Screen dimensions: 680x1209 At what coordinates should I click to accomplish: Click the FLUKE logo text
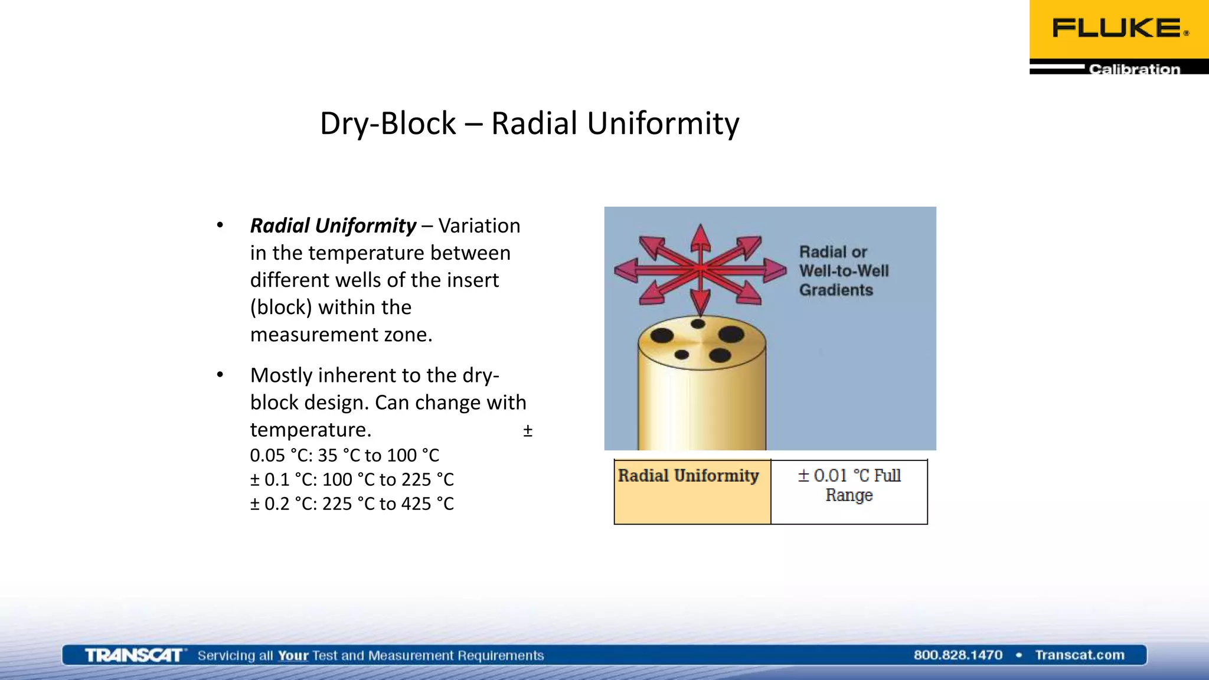pyautogui.click(x=1117, y=28)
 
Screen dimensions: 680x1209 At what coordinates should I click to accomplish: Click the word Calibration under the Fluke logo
pyautogui.click(x=1134, y=69)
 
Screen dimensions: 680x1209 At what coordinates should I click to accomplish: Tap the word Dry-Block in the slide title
pyautogui.click(x=387, y=124)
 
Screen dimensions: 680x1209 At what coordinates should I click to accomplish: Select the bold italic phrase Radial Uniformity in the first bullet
pyautogui.click(x=333, y=225)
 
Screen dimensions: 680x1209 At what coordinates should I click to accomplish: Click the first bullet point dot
pyautogui.click(x=220, y=225)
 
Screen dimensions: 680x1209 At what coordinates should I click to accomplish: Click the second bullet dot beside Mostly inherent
pyautogui.click(x=220, y=375)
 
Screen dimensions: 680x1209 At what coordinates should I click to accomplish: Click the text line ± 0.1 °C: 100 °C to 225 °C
pyautogui.click(x=352, y=479)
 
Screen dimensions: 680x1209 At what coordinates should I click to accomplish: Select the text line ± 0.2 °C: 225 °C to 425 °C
pyautogui.click(x=352, y=504)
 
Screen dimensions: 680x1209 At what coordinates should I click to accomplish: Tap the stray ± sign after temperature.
pyautogui.click(x=528, y=431)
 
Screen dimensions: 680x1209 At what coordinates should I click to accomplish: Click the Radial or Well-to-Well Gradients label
pyautogui.click(x=844, y=271)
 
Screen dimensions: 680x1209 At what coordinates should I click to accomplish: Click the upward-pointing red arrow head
pyautogui.click(x=700, y=236)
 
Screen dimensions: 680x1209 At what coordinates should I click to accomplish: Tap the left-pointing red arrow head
pyautogui.click(x=626, y=270)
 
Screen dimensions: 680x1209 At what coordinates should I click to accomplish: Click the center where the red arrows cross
pyautogui.click(x=700, y=269)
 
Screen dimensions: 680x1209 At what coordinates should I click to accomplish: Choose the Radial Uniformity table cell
pyautogui.click(x=692, y=491)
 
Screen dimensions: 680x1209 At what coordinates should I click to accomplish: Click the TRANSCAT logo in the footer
pyautogui.click(x=133, y=655)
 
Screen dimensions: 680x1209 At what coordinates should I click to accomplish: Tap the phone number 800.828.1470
pyautogui.click(x=958, y=655)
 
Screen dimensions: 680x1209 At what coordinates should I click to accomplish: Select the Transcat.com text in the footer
pyautogui.click(x=1079, y=655)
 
